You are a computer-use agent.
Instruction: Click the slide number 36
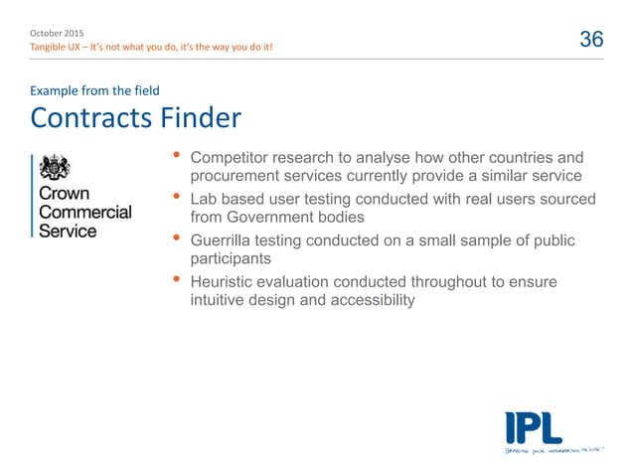[591, 39]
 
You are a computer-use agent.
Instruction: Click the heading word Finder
[201, 119]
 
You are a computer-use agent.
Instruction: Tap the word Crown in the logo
[64, 194]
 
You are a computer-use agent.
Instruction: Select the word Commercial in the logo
[84, 213]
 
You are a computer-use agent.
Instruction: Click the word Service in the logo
[68, 232]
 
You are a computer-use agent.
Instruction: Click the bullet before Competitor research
[177, 156]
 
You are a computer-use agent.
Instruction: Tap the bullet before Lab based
[177, 198]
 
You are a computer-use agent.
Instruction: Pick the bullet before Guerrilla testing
[177, 239]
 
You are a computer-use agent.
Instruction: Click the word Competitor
[232, 158]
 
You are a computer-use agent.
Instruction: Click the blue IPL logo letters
[533, 427]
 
